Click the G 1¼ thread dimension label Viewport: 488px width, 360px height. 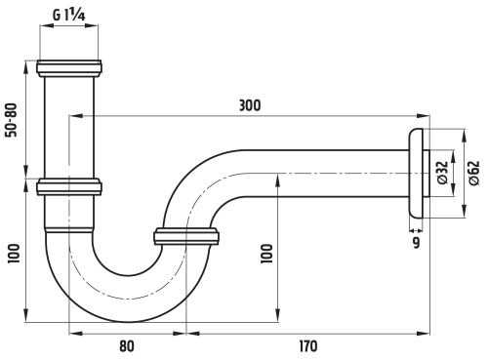(x=69, y=15)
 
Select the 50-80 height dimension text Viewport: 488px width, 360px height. (x=12, y=120)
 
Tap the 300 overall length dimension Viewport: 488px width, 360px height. (x=250, y=105)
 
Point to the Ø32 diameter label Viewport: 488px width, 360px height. (x=443, y=173)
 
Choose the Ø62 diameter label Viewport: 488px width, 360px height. (x=474, y=173)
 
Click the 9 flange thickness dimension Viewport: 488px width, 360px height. (x=416, y=243)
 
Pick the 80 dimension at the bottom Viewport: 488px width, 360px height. (x=127, y=346)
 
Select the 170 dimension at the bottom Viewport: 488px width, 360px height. (x=308, y=346)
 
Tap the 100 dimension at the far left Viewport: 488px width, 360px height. (x=14, y=254)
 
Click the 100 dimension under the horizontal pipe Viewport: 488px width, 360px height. (x=266, y=254)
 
